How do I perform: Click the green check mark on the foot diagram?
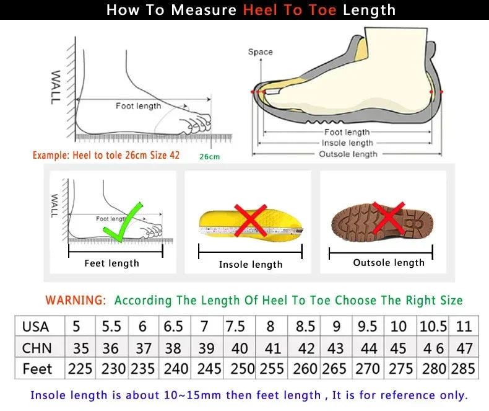123,224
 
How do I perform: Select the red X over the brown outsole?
389,218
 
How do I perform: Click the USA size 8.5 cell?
305,326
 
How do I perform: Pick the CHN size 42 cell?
305,348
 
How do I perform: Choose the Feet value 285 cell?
464,369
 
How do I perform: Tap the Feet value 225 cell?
80,369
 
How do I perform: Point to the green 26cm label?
209,157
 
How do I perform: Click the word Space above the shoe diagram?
260,52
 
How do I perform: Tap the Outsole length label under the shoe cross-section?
347,154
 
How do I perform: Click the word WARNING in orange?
76,300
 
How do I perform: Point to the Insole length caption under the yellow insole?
251,265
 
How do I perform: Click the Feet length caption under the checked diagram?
111,263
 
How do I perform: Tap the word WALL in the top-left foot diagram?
55,86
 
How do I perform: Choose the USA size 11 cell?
464,326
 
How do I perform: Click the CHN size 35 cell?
80,348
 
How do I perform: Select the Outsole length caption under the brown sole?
389,263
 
